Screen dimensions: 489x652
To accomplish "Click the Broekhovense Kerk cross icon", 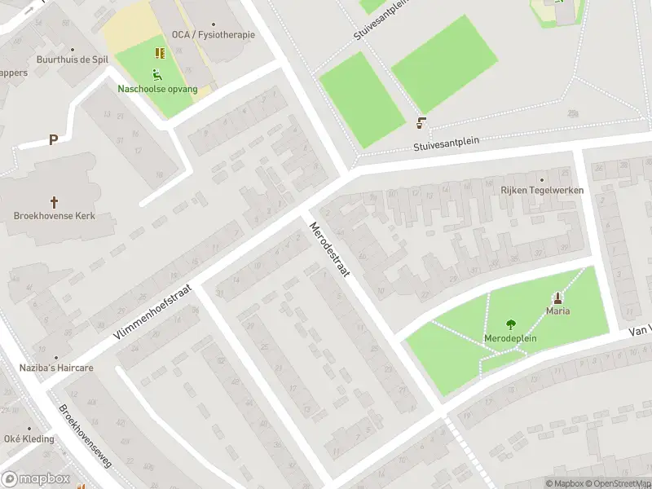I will pos(55,201).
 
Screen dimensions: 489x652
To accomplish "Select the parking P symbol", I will pos(53,139).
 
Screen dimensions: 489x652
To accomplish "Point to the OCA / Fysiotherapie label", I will pos(214,34).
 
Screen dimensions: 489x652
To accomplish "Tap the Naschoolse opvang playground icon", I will pos(157,75).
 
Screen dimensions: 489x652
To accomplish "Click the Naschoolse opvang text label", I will pos(157,88).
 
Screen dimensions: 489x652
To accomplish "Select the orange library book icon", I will pos(160,53).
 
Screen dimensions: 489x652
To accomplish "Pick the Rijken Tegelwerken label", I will pos(541,190).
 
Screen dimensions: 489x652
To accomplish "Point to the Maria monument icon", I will pos(558,297).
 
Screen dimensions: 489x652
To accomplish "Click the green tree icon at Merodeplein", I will pos(511,324).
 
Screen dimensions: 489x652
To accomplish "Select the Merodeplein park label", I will pos(511,337).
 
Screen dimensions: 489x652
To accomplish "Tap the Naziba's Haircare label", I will pos(56,368).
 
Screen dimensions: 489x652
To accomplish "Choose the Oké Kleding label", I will pos(29,438).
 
